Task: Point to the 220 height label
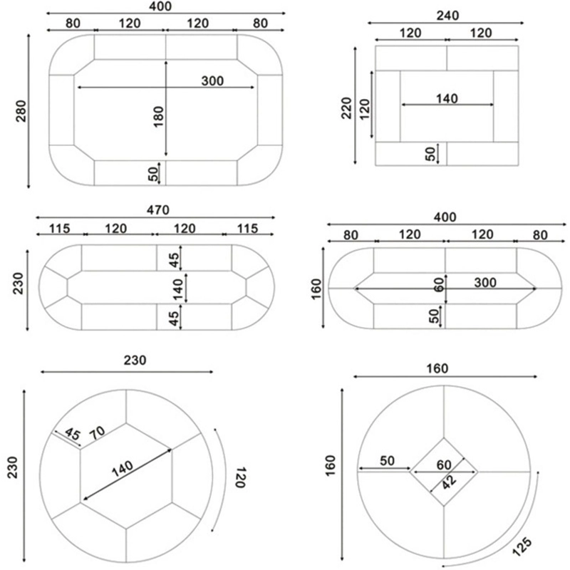[348, 108]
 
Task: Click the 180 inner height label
[158, 115]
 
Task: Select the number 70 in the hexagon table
[98, 432]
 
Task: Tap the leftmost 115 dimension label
[60, 228]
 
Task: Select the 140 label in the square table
[447, 98]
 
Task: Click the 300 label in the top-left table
[212, 81]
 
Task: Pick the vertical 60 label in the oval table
[439, 284]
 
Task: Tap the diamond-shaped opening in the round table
[444, 472]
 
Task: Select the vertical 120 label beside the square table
[365, 109]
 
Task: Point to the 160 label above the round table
[437, 368]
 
